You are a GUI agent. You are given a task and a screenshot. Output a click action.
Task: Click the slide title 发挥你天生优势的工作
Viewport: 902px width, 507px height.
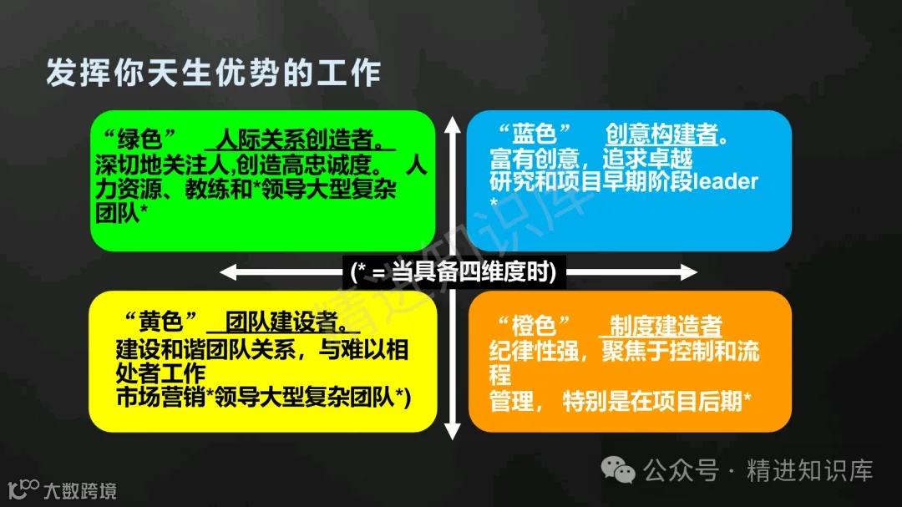[213, 74]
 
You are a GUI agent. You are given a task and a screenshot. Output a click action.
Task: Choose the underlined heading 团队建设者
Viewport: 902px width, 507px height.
[283, 322]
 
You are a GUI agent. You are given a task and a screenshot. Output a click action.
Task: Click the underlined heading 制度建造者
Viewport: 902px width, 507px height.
[666, 326]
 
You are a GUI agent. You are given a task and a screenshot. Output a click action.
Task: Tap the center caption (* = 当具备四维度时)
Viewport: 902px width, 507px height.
[454, 272]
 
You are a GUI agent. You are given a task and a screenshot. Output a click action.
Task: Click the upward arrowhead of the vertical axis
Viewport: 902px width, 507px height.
[452, 125]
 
